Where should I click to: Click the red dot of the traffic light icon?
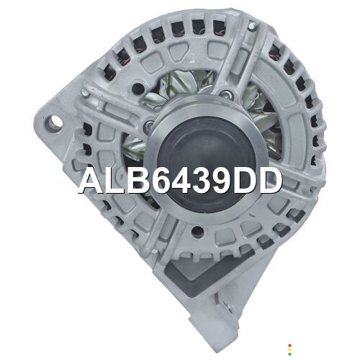tap(289, 346)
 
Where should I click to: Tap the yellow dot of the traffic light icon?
tap(289, 350)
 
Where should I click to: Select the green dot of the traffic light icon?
tap(289, 354)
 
